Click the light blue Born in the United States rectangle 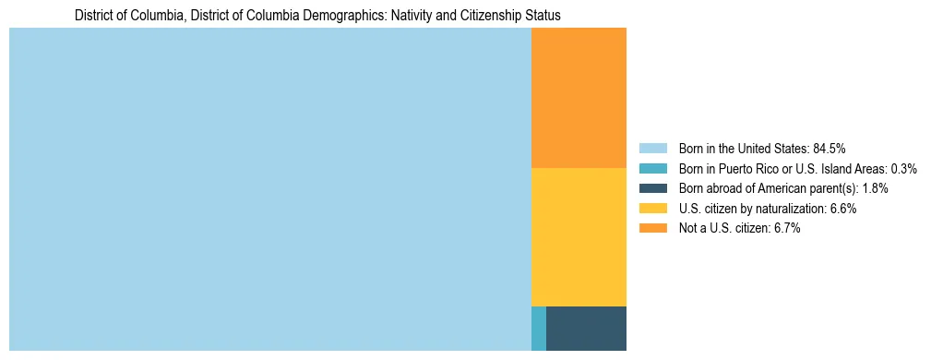click(x=269, y=189)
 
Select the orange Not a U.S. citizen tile click(x=579, y=98)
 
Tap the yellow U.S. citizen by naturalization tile click(x=579, y=236)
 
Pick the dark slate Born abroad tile click(x=586, y=328)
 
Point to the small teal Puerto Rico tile click(x=539, y=328)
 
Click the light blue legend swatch click(x=652, y=149)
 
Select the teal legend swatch click(x=652, y=169)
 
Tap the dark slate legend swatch click(x=652, y=188)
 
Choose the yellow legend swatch click(x=652, y=209)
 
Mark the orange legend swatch click(x=652, y=229)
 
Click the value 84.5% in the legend click(x=829, y=149)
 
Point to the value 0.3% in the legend click(x=903, y=169)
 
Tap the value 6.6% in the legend click(x=840, y=209)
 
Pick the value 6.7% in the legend click(x=783, y=229)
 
